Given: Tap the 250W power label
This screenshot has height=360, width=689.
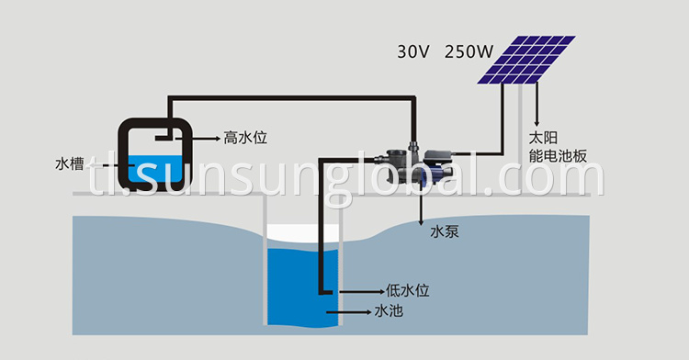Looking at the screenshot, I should [x=469, y=51].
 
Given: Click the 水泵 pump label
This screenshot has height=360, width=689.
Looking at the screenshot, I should [x=445, y=232].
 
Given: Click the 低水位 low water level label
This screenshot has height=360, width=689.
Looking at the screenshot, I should [x=404, y=291].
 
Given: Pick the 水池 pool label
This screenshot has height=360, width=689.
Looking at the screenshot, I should [x=390, y=311].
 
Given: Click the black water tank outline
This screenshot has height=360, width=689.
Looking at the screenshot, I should [x=160, y=120].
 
